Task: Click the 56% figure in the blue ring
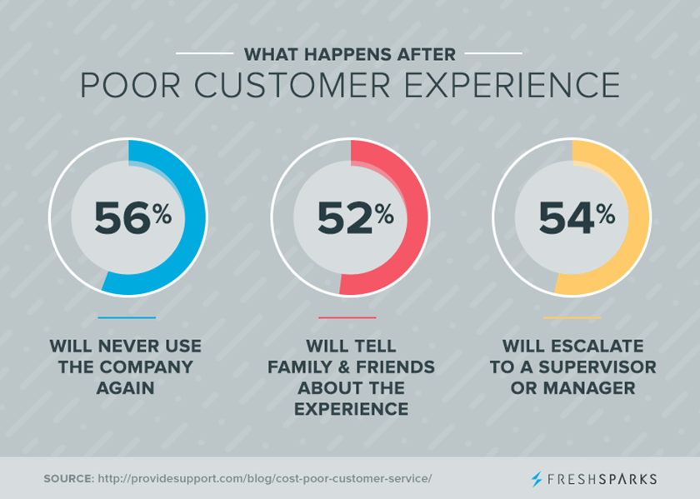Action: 132,219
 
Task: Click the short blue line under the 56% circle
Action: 127,317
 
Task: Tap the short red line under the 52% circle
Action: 347,317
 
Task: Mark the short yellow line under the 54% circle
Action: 571,317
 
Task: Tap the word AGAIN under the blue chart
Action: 126,388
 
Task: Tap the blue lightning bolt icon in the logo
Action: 536,479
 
